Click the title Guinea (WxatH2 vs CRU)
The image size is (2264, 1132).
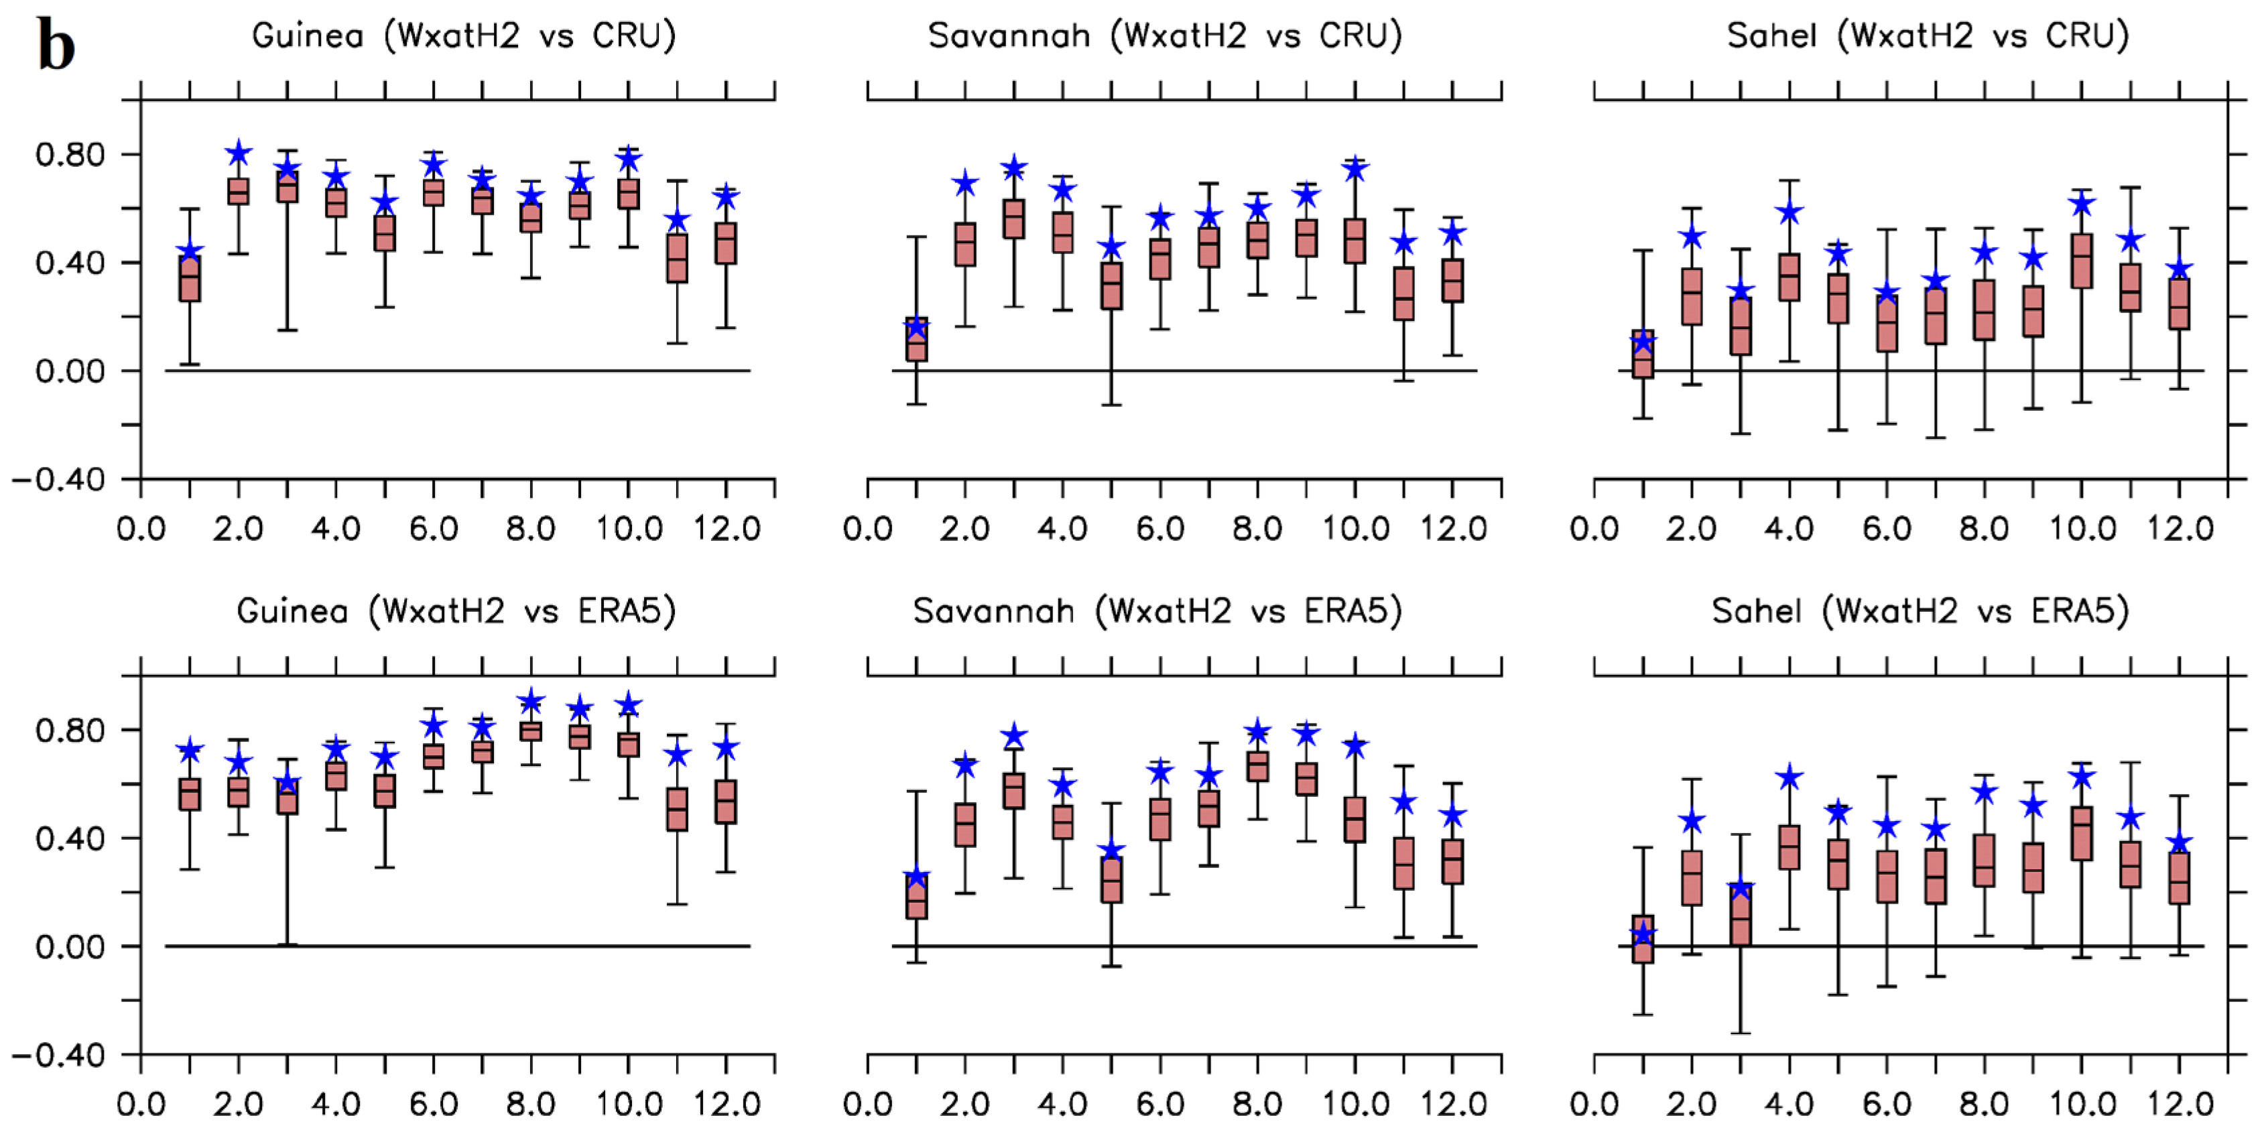[463, 36]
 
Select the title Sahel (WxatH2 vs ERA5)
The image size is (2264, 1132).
[1920, 611]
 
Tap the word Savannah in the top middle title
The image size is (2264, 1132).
[1009, 36]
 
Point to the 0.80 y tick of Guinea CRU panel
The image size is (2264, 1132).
[70, 155]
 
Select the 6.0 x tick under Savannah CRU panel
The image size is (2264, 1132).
[1160, 529]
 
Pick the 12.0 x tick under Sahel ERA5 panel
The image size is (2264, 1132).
[2180, 1104]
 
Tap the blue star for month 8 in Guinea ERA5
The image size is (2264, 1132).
[531, 702]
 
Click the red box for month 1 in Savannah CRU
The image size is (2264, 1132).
[917, 339]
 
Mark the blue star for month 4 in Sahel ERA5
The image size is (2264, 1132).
[1789, 777]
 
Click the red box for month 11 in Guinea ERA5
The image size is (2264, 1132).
[677, 810]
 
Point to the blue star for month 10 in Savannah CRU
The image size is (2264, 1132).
[1355, 168]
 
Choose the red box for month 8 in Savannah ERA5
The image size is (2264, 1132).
[1258, 766]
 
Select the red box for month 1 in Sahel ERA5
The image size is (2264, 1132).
[1643, 940]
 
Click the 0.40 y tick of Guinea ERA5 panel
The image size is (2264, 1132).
[70, 838]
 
